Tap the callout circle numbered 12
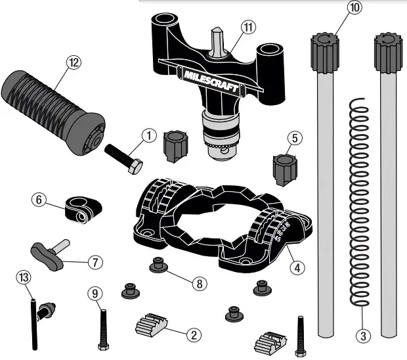pos(73,62)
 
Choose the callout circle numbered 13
pos(22,277)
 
